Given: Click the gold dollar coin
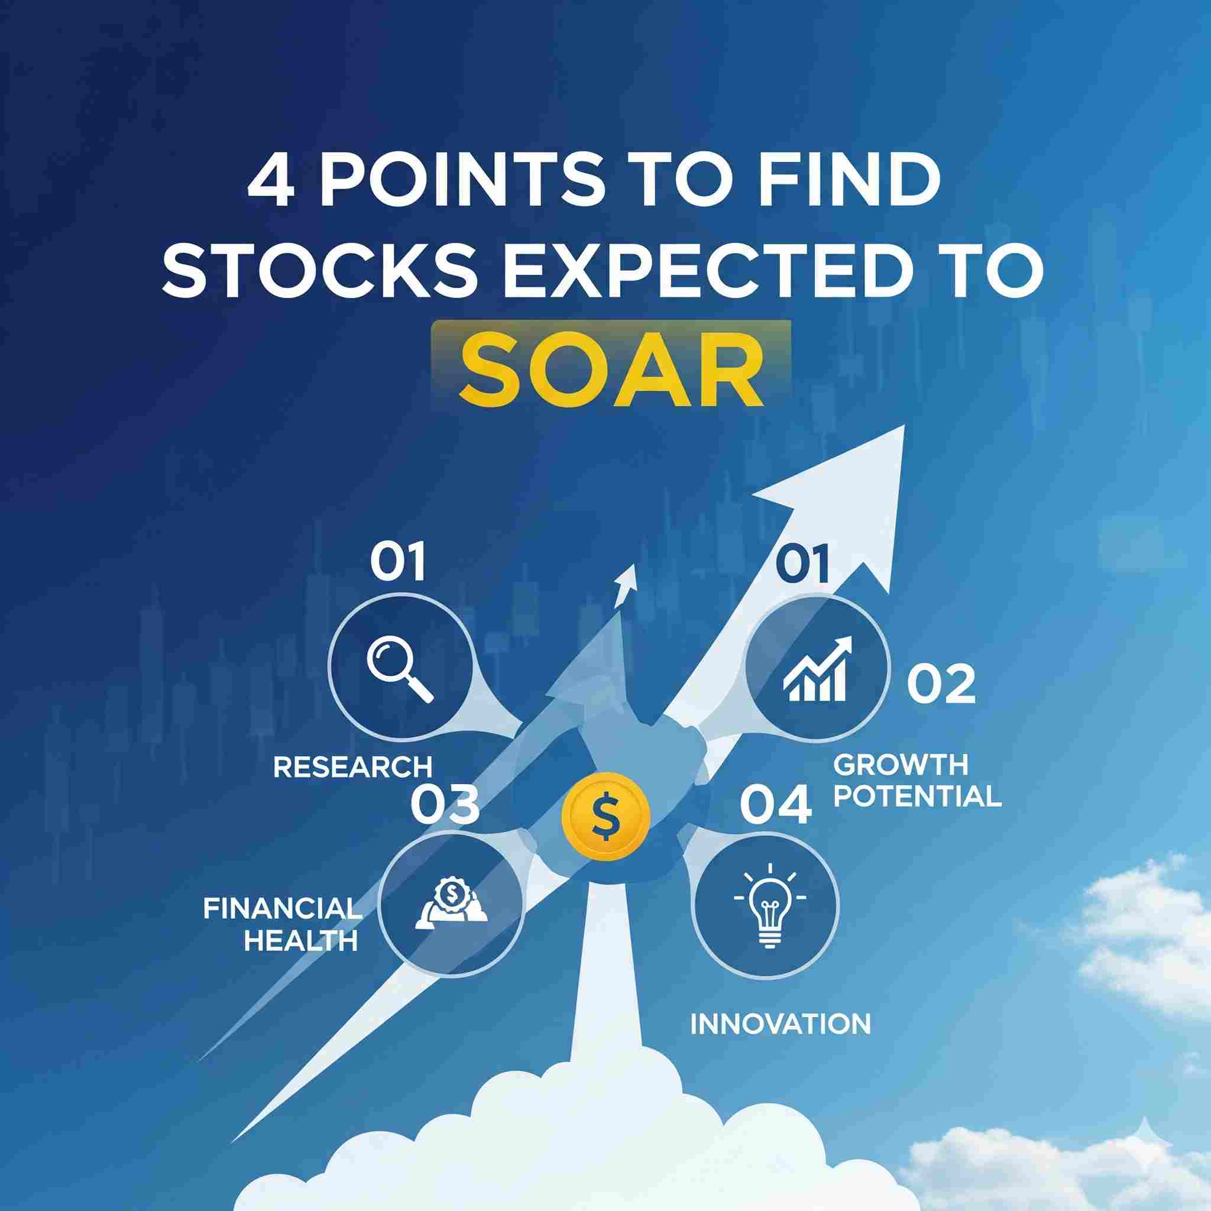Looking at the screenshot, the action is click(x=607, y=815).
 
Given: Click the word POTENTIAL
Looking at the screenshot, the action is click(x=919, y=795).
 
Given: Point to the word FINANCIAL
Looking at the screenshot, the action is click(x=283, y=908).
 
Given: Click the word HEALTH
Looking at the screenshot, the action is click(x=301, y=940).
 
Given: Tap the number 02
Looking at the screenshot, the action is click(x=941, y=685).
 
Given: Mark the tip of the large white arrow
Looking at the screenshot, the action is click(x=905, y=426).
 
